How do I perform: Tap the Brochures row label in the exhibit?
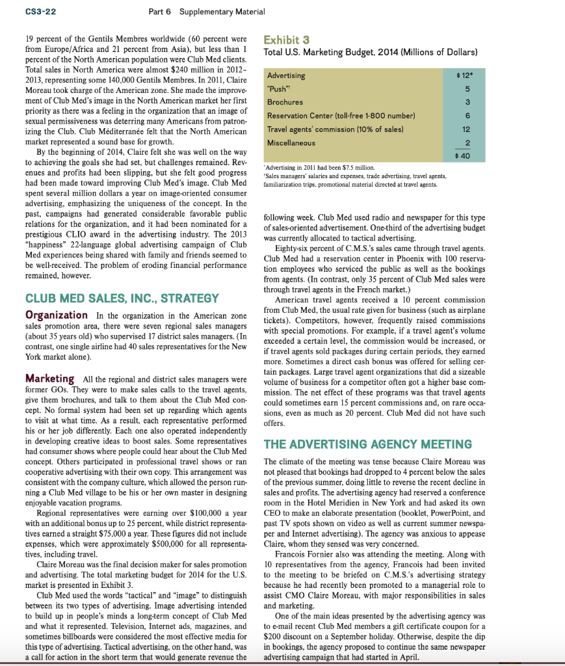click(x=285, y=102)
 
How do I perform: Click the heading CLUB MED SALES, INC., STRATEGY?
click(x=122, y=299)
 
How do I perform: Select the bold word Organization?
click(x=56, y=315)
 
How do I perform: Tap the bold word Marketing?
click(x=49, y=378)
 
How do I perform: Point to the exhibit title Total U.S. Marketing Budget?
click(x=369, y=51)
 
